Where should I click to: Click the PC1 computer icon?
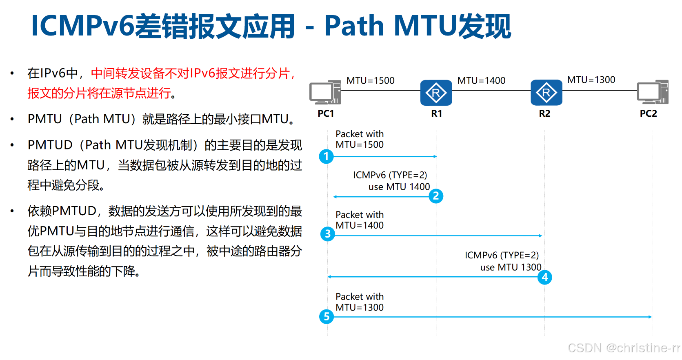click(x=325, y=92)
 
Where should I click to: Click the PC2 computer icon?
click(x=652, y=92)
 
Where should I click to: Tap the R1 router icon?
click(x=436, y=93)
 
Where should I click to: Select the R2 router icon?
click(x=546, y=93)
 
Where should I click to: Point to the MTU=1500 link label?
click(x=370, y=80)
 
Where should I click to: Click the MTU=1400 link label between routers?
click(x=481, y=80)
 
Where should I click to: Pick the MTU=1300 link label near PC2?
click(x=591, y=80)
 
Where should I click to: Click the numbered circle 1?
click(x=326, y=156)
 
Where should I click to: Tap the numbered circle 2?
click(x=436, y=196)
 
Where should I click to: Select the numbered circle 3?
click(x=327, y=234)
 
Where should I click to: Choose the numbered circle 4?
click(x=544, y=278)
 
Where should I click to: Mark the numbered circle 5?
click(x=327, y=316)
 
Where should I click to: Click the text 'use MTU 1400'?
click(x=399, y=187)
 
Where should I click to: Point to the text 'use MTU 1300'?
click(x=511, y=267)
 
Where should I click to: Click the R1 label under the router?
click(x=436, y=113)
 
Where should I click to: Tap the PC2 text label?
click(x=648, y=113)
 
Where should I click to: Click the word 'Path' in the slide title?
click(x=354, y=26)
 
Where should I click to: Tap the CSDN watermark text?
click(x=624, y=348)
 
